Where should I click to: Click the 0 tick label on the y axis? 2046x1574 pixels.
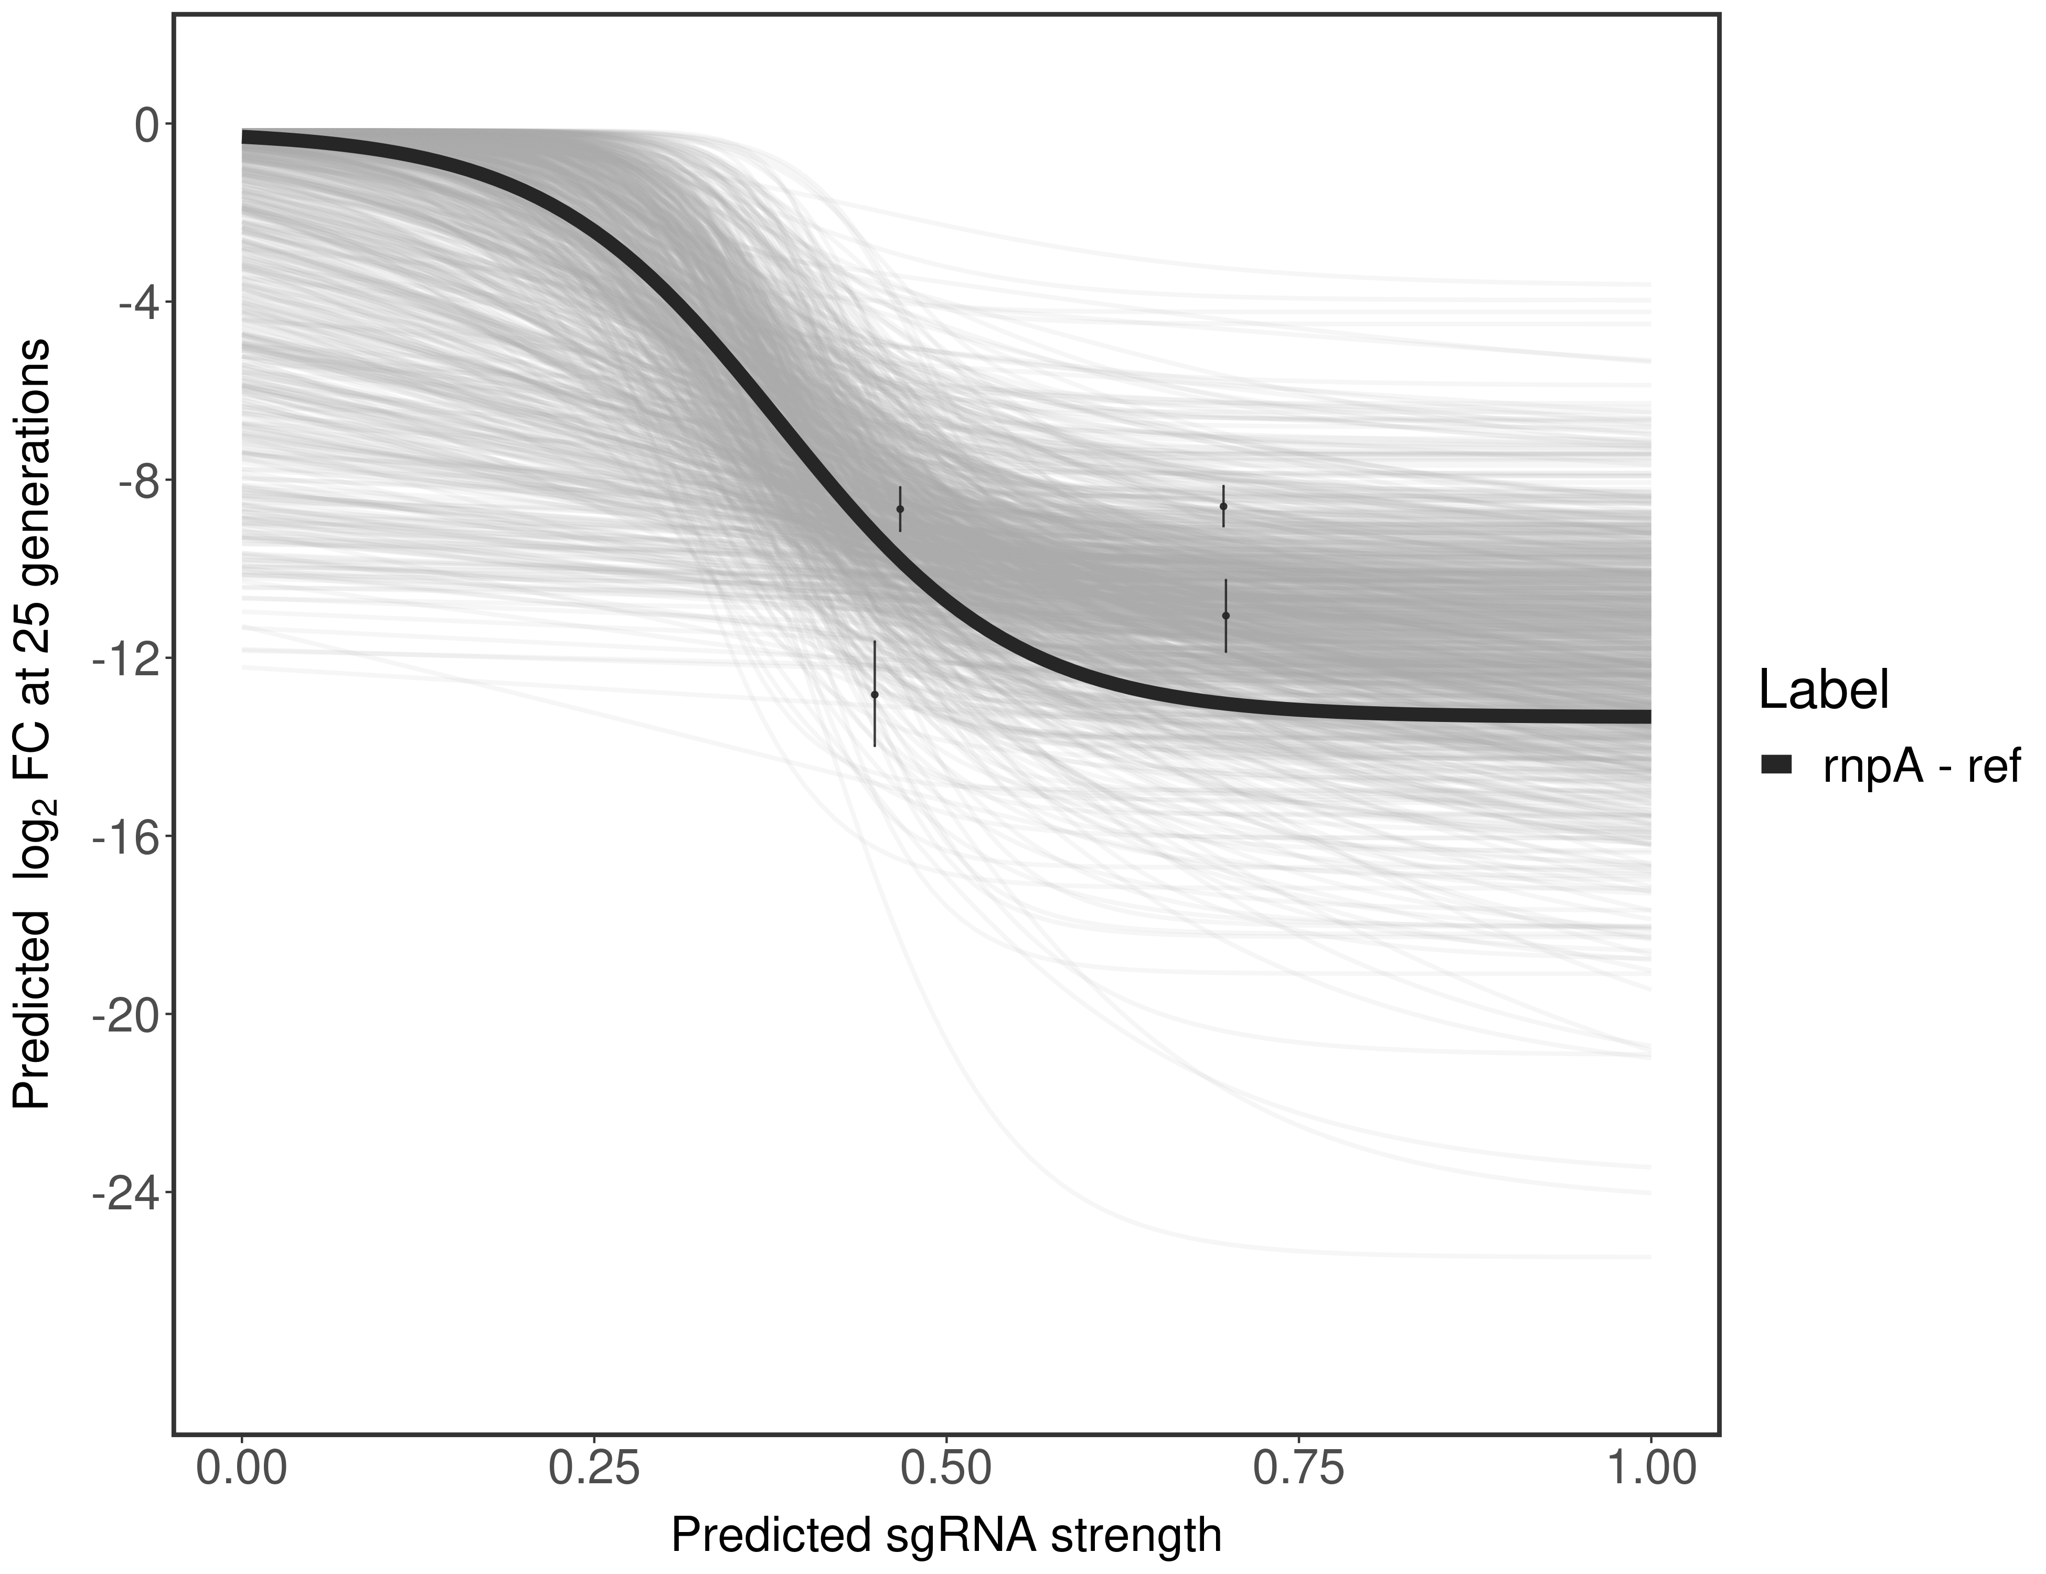[147, 125]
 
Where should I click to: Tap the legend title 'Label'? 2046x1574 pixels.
[1823, 690]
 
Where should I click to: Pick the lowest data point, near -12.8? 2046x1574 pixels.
[874, 694]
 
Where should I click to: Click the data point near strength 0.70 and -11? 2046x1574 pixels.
[1226, 615]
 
